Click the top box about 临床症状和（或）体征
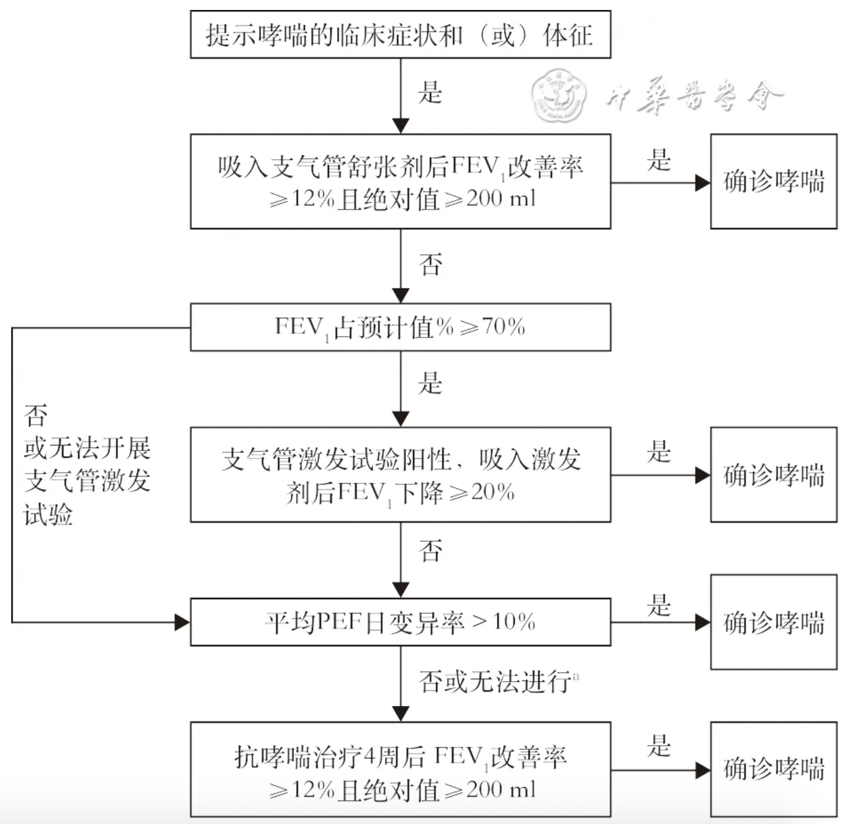click(x=401, y=35)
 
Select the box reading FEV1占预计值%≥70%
click(x=401, y=327)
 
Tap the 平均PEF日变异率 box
click(x=401, y=622)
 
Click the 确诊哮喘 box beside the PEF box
click(x=774, y=622)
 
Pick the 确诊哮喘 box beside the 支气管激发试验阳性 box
click(x=774, y=475)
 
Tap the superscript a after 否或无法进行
click(x=576, y=675)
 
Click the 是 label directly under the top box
click(x=430, y=93)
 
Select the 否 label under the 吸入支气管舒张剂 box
click(x=430, y=265)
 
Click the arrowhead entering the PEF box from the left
click(x=183, y=622)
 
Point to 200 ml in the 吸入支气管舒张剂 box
click(x=501, y=199)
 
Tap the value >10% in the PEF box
click(x=504, y=622)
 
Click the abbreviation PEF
click(x=339, y=622)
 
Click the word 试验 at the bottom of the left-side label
click(x=48, y=515)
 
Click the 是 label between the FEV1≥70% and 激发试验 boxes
click(x=430, y=383)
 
